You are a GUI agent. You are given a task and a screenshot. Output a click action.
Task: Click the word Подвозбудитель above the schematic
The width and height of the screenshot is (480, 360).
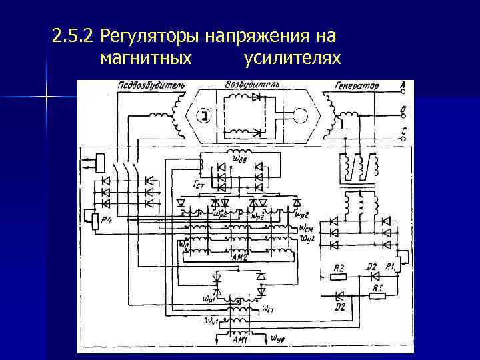click(151, 85)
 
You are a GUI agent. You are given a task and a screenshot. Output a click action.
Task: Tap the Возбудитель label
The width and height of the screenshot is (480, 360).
click(252, 85)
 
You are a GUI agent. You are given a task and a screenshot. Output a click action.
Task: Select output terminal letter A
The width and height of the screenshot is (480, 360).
click(403, 85)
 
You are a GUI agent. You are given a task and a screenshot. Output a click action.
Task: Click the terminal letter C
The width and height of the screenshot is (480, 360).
click(403, 131)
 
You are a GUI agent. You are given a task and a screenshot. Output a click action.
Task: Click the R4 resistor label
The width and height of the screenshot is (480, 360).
click(105, 221)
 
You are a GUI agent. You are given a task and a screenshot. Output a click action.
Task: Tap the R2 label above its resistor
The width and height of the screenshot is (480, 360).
click(339, 267)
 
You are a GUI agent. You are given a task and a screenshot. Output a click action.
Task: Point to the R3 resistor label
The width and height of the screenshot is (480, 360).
click(378, 287)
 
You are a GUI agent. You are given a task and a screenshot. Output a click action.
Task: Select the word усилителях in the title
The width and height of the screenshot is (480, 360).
click(293, 59)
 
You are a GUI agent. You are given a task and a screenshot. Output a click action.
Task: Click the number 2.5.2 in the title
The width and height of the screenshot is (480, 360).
click(73, 35)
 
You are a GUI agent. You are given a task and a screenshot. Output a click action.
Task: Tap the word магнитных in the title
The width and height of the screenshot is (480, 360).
click(146, 59)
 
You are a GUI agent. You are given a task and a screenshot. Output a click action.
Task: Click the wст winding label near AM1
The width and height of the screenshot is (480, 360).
click(268, 309)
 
